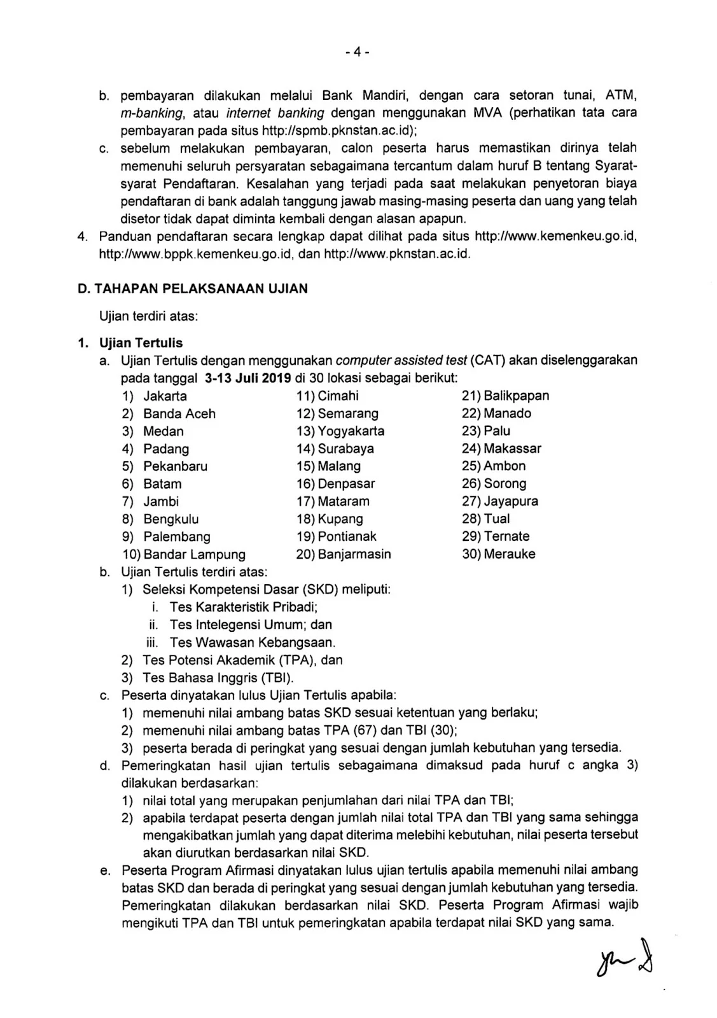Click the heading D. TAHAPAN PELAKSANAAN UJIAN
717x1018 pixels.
192,288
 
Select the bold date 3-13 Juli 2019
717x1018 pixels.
248,378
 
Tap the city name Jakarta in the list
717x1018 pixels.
165,396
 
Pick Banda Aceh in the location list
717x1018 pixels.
179,414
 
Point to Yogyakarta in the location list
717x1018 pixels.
351,431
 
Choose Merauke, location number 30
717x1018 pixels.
510,554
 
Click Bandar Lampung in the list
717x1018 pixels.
194,554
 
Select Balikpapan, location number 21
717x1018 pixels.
517,396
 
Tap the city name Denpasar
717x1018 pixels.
347,484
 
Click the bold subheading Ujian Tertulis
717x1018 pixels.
141,344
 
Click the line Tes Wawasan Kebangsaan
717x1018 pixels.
253,643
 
